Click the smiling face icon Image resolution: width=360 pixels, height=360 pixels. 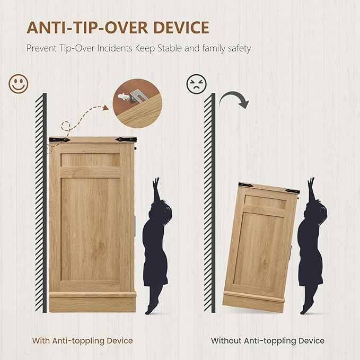19,84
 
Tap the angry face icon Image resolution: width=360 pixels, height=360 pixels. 196,84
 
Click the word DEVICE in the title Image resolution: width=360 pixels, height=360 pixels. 181,28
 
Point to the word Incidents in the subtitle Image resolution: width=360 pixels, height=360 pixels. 115,48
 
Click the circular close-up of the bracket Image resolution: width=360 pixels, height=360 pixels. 137,103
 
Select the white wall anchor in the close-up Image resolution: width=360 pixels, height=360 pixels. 124,96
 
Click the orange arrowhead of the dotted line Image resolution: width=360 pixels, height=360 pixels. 106,108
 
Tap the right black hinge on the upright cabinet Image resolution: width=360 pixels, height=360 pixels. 126,139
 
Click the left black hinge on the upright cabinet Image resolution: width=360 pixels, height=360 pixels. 60,139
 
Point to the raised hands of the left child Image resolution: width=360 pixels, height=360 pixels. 156,182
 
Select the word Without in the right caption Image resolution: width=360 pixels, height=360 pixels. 226,341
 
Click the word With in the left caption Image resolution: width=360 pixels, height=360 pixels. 41,341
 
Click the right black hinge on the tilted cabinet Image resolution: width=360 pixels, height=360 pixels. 292,191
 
